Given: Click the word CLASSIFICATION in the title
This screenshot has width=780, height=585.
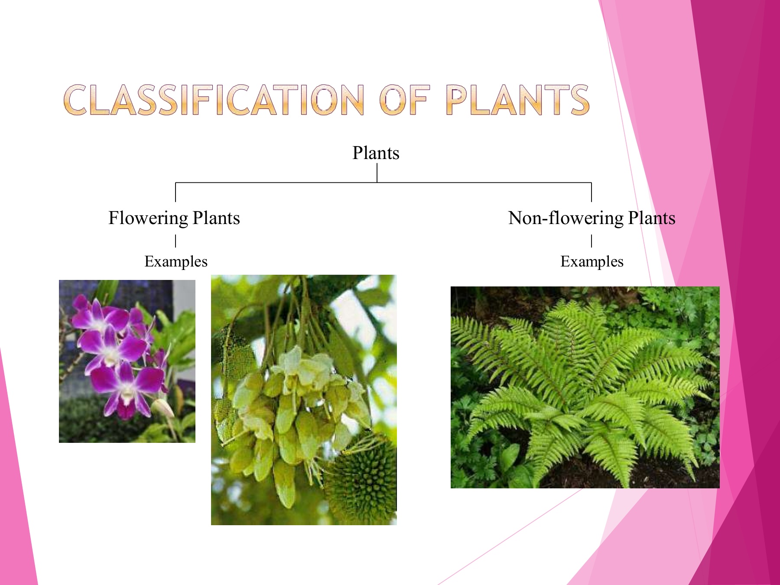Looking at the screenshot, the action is point(214,100).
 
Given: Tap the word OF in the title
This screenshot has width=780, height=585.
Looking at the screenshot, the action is point(405,100).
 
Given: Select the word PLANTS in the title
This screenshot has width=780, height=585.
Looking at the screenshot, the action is point(518,100).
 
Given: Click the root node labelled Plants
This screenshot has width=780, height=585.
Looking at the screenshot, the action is point(376,153).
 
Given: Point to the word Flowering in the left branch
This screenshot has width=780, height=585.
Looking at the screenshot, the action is point(148,218).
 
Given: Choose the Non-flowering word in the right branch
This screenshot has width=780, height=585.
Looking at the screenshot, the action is point(566,218).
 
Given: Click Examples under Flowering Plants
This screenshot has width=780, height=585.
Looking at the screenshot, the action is point(176,262).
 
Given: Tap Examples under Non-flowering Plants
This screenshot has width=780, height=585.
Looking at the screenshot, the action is point(592,262).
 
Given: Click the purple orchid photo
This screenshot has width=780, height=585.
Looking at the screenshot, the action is point(127,361).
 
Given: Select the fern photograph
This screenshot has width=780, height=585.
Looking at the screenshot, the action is point(585,387).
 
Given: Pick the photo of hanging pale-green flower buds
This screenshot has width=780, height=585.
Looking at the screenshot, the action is point(304,400).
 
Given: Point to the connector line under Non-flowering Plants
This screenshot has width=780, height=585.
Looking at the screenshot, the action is point(591,241).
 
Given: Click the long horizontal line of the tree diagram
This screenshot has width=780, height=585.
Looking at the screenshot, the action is point(383,183).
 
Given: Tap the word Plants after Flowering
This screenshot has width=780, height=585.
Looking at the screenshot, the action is point(216,218).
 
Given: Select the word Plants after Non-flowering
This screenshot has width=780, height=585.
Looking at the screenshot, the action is point(652,218).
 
